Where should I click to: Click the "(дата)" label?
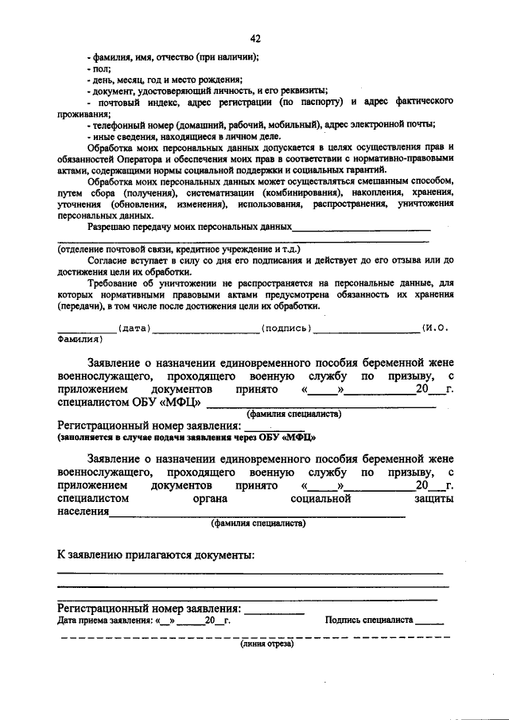click(133, 328)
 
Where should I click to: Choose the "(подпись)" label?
click(286, 328)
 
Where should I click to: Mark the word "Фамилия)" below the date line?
click(80, 338)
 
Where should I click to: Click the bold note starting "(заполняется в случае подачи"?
click(186, 438)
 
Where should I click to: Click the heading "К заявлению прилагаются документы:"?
click(156, 554)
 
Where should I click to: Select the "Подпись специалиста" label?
click(369, 620)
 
